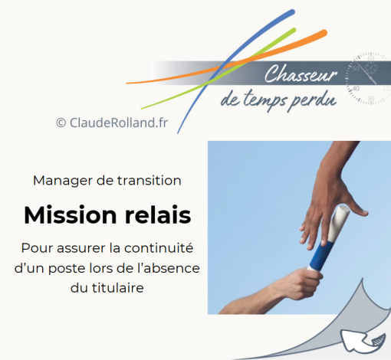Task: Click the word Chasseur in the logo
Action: tap(301, 74)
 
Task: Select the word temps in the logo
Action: tap(264, 100)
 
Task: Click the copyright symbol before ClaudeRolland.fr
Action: tap(61, 123)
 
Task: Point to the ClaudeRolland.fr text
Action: tap(119, 123)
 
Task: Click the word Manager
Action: tap(63, 181)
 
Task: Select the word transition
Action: tap(149, 181)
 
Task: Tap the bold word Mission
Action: tap(71, 215)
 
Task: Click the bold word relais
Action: tap(158, 215)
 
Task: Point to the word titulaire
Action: tap(118, 288)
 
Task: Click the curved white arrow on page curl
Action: tap(363, 341)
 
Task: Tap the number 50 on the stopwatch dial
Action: tap(356, 69)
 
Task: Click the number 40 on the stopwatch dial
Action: tap(356, 89)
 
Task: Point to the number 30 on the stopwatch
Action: tap(371, 99)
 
